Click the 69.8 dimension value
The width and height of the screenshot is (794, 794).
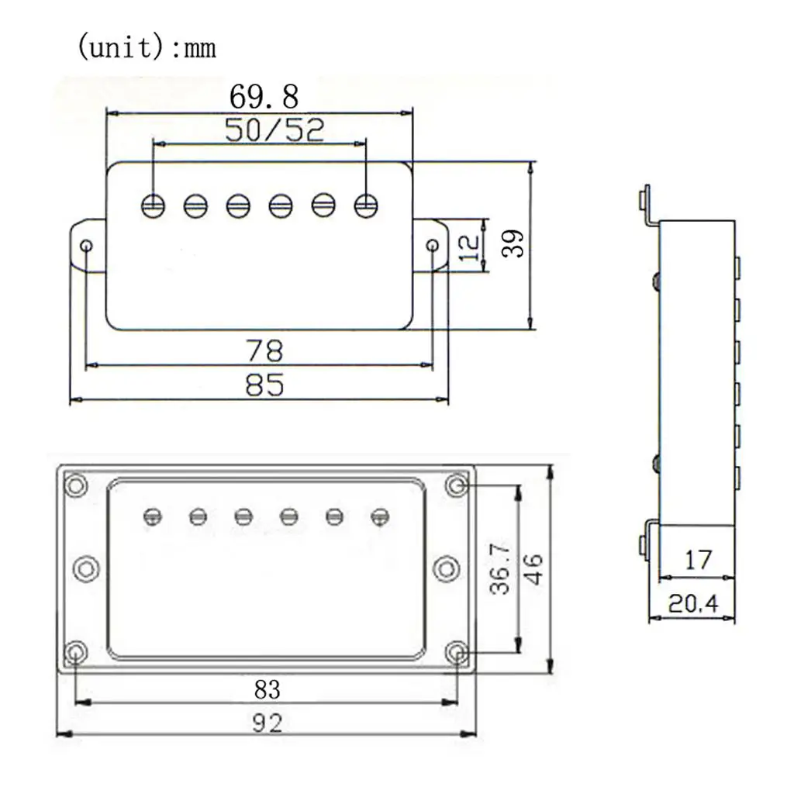(x=264, y=96)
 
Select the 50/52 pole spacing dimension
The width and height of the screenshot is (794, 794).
(x=274, y=130)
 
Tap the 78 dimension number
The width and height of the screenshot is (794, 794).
(x=264, y=350)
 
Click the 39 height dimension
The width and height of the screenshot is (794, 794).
(x=513, y=244)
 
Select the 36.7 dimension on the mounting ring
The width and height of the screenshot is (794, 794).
(x=500, y=568)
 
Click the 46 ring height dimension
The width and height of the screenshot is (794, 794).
(x=533, y=569)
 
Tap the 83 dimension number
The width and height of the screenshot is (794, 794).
(x=267, y=689)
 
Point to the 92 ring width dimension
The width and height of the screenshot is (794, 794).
(x=267, y=723)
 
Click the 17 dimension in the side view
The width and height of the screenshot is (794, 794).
(x=698, y=560)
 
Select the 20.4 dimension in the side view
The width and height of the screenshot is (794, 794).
(x=692, y=603)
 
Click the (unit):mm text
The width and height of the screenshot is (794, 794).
(x=147, y=47)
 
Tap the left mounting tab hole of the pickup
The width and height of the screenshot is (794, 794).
(x=87, y=247)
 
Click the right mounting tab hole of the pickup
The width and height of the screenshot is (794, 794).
(x=433, y=246)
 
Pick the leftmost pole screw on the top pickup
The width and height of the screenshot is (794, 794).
(x=153, y=205)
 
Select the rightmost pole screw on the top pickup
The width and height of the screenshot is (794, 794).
(x=366, y=205)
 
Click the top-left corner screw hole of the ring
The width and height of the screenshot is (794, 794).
(x=76, y=485)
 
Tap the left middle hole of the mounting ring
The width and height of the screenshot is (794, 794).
(x=86, y=568)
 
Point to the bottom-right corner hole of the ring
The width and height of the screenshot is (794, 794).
(x=457, y=652)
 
